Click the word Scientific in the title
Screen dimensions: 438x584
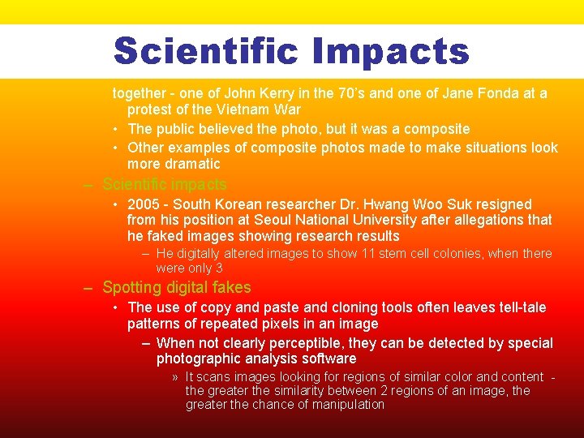(x=205, y=50)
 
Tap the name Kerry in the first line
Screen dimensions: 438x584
(x=260, y=93)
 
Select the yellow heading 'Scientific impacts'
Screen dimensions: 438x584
(x=165, y=185)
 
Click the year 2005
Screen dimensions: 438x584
(x=143, y=204)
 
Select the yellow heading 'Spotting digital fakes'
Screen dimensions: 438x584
(x=177, y=287)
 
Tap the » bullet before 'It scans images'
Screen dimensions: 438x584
(x=175, y=377)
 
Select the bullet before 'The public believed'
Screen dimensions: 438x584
(x=118, y=129)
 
